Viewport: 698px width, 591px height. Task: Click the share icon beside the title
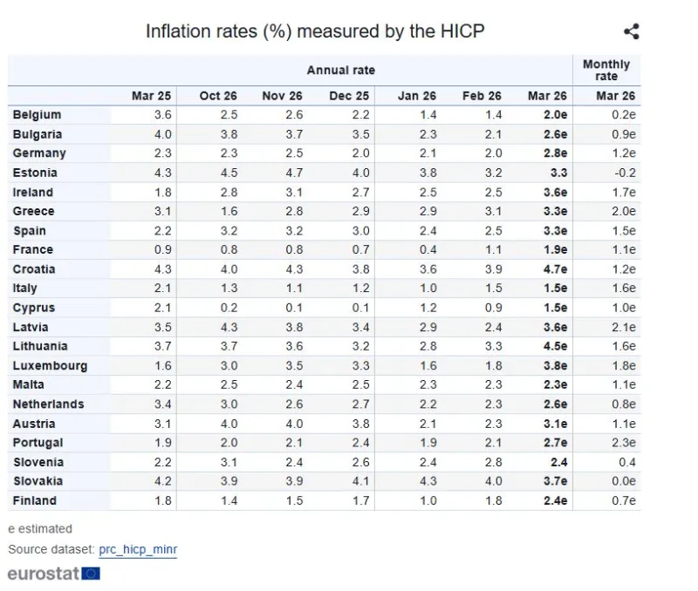(x=632, y=32)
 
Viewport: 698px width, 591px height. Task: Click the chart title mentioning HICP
(x=315, y=31)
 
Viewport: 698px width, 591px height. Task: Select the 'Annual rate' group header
(x=340, y=70)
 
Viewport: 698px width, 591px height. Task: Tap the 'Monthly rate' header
(x=606, y=70)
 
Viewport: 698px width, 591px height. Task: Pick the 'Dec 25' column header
(x=349, y=96)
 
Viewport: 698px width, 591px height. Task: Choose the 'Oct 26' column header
(x=217, y=96)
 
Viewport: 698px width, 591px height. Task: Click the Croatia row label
(x=34, y=269)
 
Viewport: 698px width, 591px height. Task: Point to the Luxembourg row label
(x=50, y=366)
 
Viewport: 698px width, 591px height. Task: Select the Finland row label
(x=34, y=500)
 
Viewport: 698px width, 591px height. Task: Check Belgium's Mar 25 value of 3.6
(x=162, y=115)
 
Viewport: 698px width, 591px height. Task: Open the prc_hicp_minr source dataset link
(x=138, y=550)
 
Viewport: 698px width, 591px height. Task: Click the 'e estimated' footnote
(x=40, y=528)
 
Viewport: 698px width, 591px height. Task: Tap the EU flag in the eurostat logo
(x=91, y=574)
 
